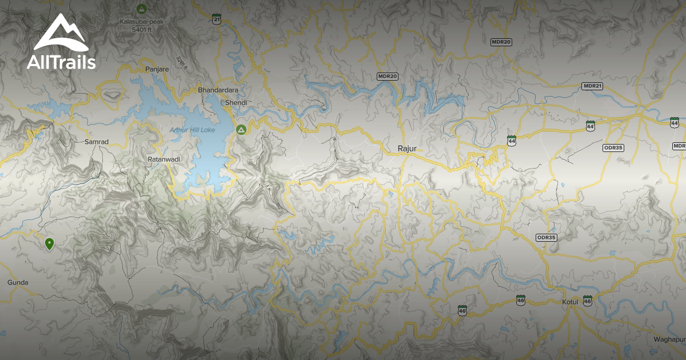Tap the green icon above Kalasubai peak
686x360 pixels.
tap(141, 9)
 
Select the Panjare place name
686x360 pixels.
tap(157, 69)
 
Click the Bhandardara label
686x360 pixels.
tap(218, 90)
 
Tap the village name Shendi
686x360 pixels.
tap(236, 103)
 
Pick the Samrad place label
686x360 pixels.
tap(96, 141)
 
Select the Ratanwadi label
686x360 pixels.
tap(165, 159)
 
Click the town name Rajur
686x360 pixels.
tap(408, 149)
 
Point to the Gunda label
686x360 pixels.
tap(17, 282)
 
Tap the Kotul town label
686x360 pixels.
tap(570, 302)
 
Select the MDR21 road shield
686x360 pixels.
tap(592, 86)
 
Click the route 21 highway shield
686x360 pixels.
tap(216, 19)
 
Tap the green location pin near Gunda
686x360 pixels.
tap(50, 244)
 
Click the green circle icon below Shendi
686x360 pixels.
tap(241, 130)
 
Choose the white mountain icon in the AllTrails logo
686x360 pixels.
tap(60, 33)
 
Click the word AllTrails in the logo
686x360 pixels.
tap(61, 62)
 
